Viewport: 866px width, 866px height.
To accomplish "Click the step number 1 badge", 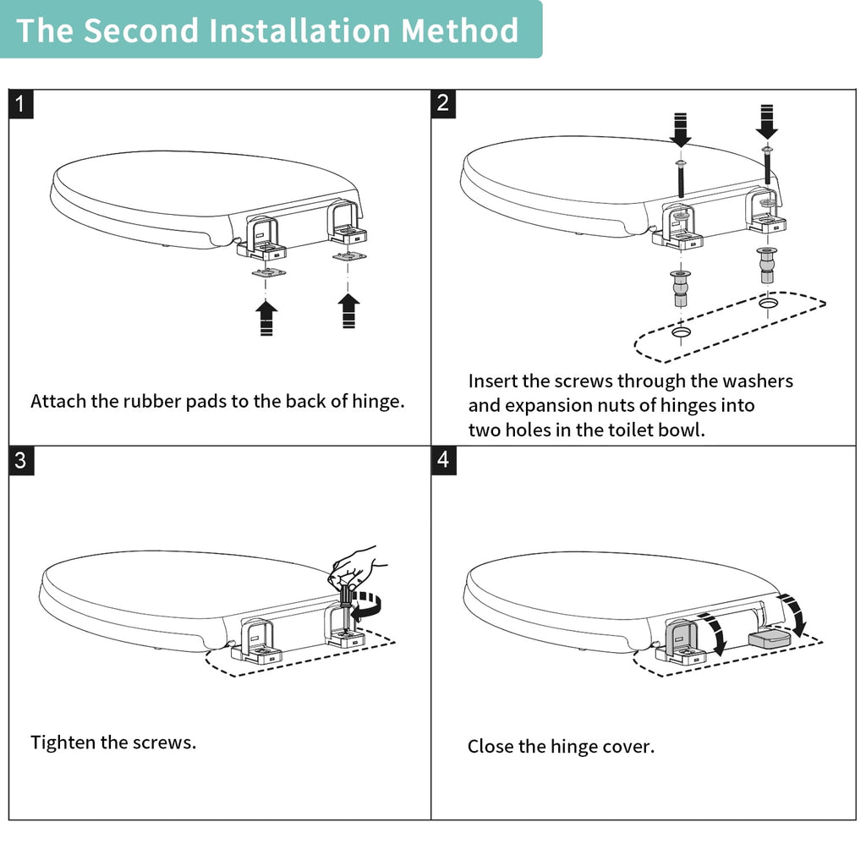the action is click(x=21, y=104).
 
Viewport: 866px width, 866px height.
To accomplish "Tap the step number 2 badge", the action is click(x=443, y=104).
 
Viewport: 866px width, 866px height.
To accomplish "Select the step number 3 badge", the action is click(x=21, y=461).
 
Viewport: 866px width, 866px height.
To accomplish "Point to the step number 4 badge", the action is click(x=443, y=461).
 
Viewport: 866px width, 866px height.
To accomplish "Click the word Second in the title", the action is click(x=141, y=30).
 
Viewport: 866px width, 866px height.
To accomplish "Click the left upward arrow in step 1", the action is click(x=266, y=318).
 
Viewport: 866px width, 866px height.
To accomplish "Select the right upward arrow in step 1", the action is click(x=348, y=311).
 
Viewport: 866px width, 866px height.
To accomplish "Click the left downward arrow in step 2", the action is click(x=681, y=129).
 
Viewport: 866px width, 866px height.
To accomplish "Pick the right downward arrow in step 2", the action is click(x=766, y=122).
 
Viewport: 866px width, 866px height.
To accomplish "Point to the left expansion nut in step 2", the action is click(x=681, y=288).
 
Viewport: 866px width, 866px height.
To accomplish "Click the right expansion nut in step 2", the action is click(x=766, y=265).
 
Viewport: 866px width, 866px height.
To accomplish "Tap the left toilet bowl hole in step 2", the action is click(x=681, y=332).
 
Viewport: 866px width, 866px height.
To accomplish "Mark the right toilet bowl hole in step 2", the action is click(x=768, y=304).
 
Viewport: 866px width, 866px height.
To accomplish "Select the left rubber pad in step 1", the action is click(x=268, y=273).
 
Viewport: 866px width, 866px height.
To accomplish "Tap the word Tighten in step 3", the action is click(x=66, y=743).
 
